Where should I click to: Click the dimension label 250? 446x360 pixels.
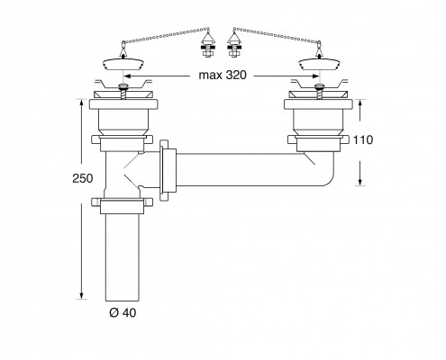(83, 178)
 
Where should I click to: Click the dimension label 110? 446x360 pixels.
(363, 139)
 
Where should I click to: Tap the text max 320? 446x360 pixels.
(223, 75)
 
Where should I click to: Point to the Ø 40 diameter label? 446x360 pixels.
(123, 313)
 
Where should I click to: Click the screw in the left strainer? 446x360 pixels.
(123, 92)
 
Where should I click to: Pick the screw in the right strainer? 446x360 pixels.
(319, 92)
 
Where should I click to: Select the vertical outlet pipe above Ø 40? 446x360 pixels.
(123, 257)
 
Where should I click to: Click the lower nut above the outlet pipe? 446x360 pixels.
(122, 205)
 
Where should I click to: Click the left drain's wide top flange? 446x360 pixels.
(123, 104)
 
